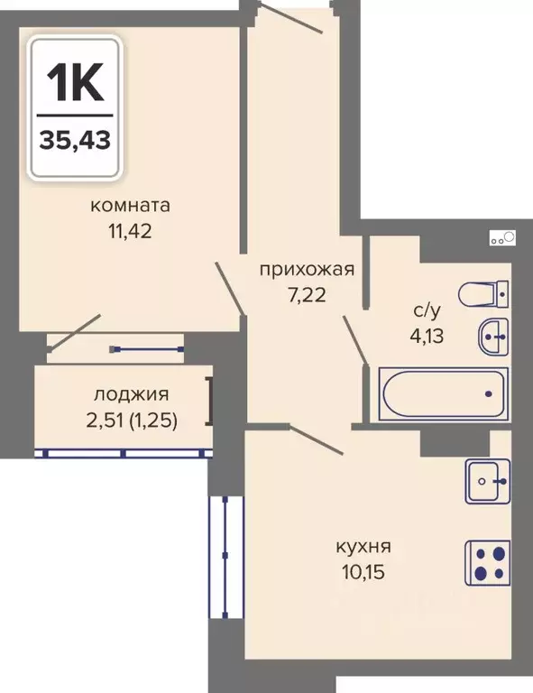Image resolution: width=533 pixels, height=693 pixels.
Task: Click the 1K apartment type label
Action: [x=75, y=82]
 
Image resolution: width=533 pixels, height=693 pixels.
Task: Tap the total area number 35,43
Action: [x=75, y=141]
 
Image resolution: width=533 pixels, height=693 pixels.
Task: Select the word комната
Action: [x=130, y=206]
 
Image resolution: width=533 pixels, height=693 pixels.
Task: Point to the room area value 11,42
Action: [x=130, y=231]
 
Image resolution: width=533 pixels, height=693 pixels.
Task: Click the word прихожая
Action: [x=308, y=269]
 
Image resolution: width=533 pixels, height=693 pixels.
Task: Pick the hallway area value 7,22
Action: [x=307, y=295]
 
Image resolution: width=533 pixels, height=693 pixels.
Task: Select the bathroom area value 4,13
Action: [x=427, y=336]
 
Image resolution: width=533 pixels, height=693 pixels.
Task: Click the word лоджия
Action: [x=131, y=394]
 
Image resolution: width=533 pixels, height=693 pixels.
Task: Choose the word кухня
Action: [x=363, y=547]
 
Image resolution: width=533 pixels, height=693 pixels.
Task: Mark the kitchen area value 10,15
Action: [x=363, y=572]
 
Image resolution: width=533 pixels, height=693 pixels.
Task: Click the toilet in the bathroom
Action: [x=483, y=294]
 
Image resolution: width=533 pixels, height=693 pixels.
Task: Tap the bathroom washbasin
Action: [x=493, y=337]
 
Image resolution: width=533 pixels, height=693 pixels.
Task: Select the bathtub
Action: [x=444, y=393]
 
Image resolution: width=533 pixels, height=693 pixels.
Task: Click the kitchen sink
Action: [x=488, y=481]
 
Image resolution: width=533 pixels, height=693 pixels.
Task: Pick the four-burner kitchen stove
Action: [x=488, y=563]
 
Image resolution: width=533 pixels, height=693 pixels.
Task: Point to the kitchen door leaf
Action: [x=316, y=440]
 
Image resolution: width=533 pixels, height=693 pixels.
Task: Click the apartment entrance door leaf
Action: [x=290, y=17]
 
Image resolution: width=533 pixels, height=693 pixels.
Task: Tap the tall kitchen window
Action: [x=225, y=557]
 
